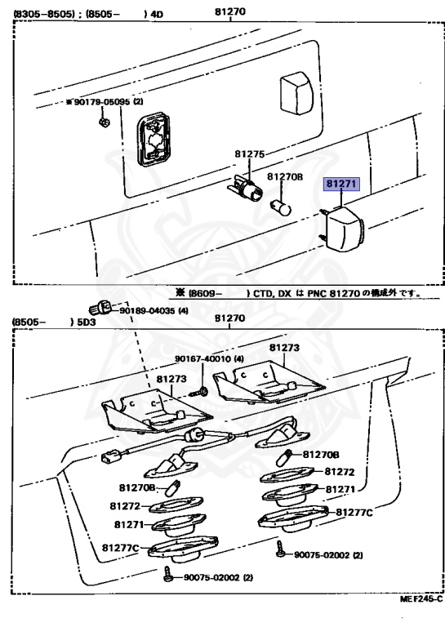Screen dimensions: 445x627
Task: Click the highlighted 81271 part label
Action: coord(341,184)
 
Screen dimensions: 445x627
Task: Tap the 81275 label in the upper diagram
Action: coord(250,154)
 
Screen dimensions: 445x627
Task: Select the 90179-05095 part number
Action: coord(102,102)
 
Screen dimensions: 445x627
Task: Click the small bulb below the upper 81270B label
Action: coord(281,206)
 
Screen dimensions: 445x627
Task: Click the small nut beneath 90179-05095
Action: coord(104,122)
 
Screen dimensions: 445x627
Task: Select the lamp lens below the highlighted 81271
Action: coord(343,229)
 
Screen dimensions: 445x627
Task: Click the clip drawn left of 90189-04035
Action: coord(100,308)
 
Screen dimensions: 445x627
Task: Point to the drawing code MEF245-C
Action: coord(421,598)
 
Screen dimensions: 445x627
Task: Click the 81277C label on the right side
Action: coord(354,512)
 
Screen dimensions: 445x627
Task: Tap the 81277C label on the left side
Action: coord(120,548)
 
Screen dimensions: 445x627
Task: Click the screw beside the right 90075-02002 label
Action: coord(279,549)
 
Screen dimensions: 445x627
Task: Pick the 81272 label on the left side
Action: coord(125,506)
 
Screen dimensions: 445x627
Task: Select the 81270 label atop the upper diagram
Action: coord(230,11)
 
